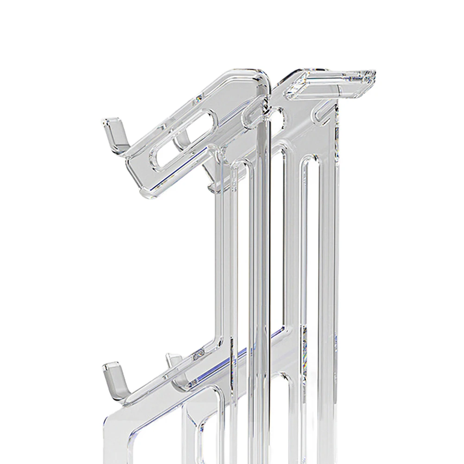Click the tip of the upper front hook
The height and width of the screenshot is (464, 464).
click(x=106, y=121)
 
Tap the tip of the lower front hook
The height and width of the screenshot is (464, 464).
click(x=106, y=366)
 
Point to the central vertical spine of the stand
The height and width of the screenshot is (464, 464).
click(x=265, y=278)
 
